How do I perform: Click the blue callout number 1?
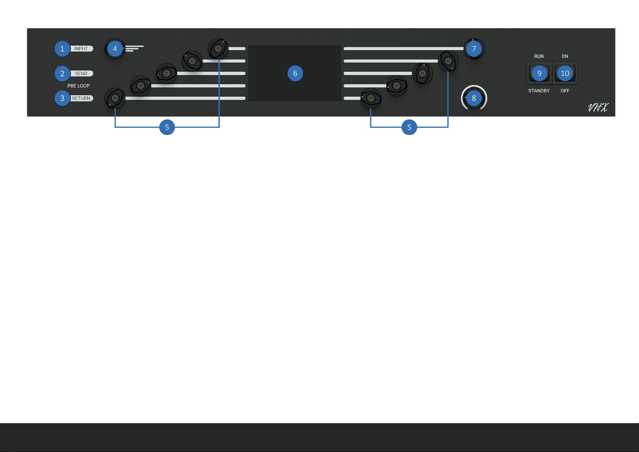tap(62, 49)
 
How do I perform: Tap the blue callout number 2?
tap(62, 74)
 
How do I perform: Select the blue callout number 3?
tap(62, 98)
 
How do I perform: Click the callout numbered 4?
tap(115, 49)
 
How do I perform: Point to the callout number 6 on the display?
tap(295, 74)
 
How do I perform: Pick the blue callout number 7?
tap(474, 49)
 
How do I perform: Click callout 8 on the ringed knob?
tap(474, 99)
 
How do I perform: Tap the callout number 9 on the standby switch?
tap(539, 74)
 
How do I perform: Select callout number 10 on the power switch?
tap(565, 74)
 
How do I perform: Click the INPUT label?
tap(81, 49)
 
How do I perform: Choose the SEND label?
tap(81, 74)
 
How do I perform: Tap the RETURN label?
tap(82, 98)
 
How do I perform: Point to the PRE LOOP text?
tap(79, 86)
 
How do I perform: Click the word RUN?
tap(539, 56)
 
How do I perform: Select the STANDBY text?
tap(539, 91)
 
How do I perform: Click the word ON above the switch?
tap(565, 56)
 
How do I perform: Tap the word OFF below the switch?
tap(565, 91)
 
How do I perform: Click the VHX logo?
tap(598, 108)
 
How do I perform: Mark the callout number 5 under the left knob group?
tap(167, 127)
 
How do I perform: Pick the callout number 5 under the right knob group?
tap(409, 127)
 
